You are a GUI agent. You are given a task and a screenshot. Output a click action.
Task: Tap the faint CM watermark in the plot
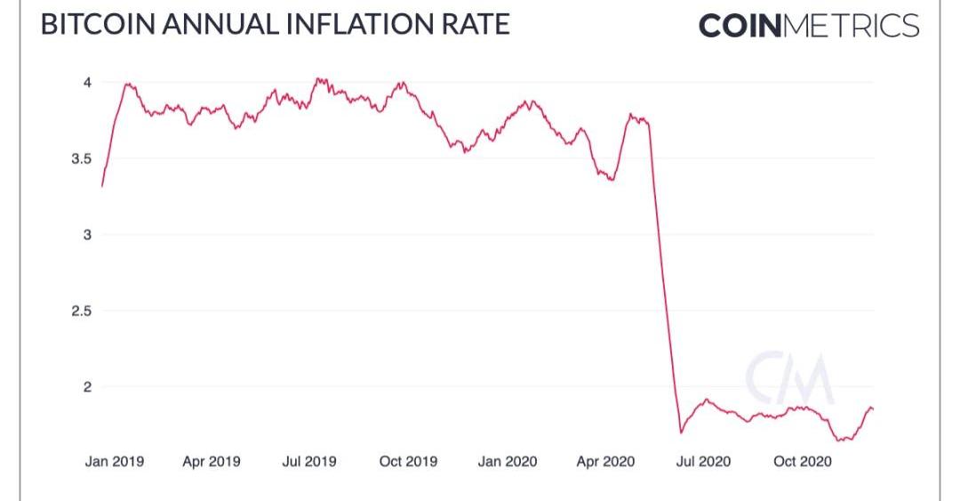click(789, 378)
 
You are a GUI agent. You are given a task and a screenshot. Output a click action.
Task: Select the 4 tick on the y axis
click(87, 83)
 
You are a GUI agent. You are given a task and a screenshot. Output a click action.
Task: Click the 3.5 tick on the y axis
click(82, 158)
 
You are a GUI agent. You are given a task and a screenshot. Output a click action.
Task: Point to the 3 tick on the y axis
click(87, 235)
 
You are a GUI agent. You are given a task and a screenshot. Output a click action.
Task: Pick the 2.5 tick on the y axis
click(82, 311)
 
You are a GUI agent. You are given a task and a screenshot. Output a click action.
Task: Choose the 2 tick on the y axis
click(87, 387)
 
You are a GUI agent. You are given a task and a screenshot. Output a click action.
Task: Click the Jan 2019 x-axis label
click(114, 462)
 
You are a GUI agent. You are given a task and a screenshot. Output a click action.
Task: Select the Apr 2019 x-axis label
click(212, 462)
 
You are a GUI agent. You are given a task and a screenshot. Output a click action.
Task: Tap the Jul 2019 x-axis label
click(310, 462)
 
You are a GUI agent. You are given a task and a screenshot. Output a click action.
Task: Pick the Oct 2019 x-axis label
click(408, 462)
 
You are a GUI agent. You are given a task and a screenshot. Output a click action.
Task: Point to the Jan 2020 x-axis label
click(507, 462)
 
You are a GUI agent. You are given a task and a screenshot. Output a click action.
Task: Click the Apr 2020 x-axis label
click(604, 462)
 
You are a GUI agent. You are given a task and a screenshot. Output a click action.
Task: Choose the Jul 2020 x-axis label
click(702, 462)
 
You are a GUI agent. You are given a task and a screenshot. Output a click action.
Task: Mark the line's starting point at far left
click(102, 186)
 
